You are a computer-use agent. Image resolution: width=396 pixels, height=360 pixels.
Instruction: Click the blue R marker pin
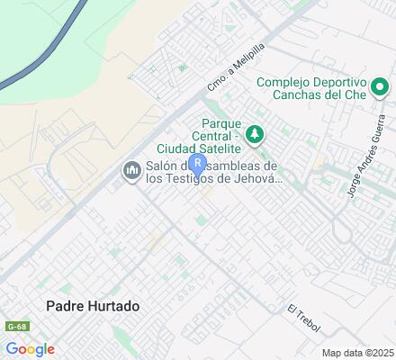198,166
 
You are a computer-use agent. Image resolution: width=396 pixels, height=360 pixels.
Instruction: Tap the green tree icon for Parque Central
255,134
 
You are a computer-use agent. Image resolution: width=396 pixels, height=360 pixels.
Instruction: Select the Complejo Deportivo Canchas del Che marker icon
380,87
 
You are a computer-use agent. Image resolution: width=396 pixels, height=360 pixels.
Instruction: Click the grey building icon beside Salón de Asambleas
131,170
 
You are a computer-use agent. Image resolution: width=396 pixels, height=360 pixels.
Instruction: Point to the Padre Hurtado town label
94,306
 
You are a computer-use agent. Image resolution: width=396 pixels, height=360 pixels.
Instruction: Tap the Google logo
29,349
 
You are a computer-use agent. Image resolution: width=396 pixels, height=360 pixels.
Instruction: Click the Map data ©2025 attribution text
358,353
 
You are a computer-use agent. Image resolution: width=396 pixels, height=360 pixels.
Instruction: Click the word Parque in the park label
221,122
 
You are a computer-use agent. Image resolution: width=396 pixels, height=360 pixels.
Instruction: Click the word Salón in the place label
164,165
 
